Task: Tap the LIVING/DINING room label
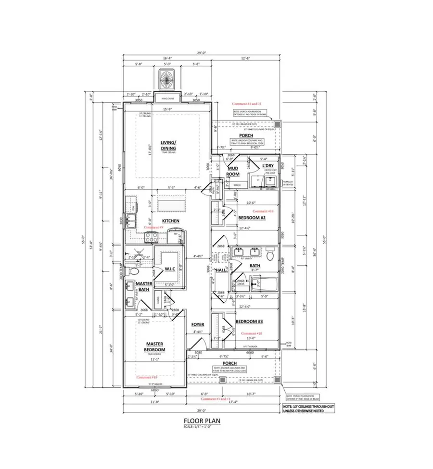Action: pos(168,145)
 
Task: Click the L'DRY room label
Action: pos(267,166)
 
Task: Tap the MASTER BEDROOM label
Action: pos(155,347)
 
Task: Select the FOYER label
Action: pos(198,325)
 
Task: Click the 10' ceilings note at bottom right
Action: pos(308,408)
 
